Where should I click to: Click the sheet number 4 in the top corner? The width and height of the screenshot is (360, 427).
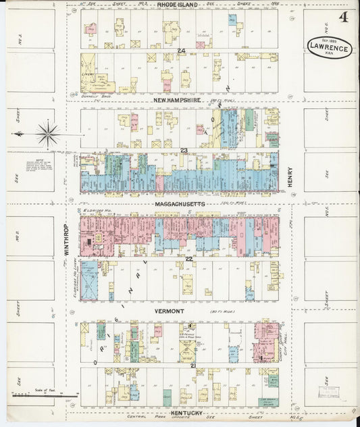click(344, 17)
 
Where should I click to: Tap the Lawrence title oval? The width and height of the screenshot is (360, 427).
click(329, 47)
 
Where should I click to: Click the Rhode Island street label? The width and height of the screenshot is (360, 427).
click(178, 5)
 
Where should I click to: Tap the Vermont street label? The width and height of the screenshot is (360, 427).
click(169, 311)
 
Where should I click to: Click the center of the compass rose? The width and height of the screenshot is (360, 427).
click(48, 134)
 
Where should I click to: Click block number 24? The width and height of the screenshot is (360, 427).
click(181, 51)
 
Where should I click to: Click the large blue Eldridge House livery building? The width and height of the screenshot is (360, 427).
click(89, 279)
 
